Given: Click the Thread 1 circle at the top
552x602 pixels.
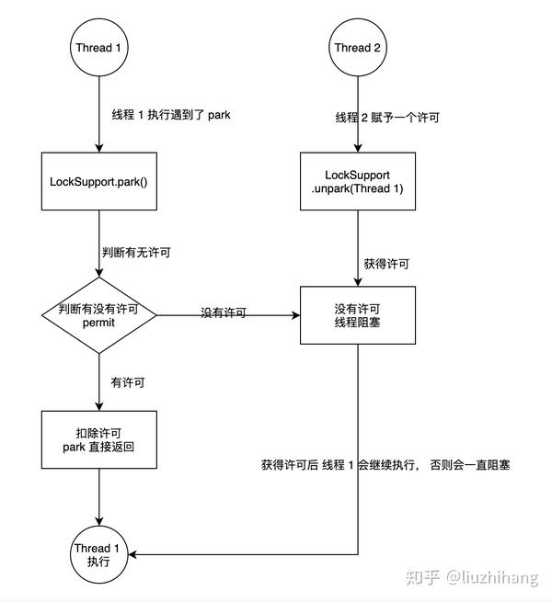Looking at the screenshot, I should tap(98, 49).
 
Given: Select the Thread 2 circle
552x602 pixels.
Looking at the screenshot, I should tap(358, 49).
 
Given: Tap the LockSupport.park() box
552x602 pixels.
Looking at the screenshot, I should tap(98, 182).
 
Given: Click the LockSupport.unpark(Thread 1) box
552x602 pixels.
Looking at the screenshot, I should tap(358, 182).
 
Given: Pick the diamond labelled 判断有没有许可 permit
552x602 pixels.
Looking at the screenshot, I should tap(98, 315).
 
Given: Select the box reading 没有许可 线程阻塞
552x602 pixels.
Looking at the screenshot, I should tap(358, 315).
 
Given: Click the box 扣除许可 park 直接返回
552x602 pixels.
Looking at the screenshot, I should tap(98, 440).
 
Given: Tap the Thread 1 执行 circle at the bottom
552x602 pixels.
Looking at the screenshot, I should tap(98, 554).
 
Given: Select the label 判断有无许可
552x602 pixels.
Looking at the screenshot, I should tap(139, 251).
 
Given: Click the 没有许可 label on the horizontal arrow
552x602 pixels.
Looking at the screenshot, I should tap(224, 312).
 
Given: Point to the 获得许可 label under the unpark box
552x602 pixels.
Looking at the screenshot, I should tap(386, 263).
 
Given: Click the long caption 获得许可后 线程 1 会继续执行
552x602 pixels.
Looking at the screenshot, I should tap(385, 466).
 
